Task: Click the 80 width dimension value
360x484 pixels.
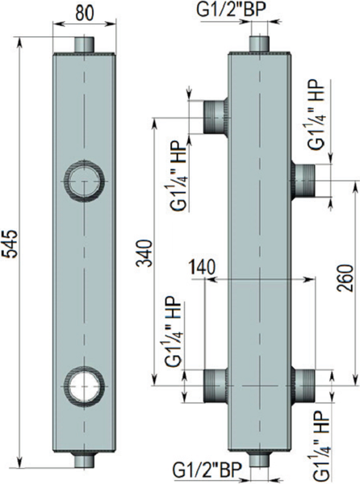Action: tap(84, 13)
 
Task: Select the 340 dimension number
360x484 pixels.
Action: tap(145, 254)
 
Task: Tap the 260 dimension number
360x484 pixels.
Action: tap(344, 277)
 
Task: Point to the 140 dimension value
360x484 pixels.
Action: tap(203, 267)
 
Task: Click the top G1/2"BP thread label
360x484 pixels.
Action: tap(230, 10)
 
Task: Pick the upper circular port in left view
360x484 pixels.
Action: tap(83, 181)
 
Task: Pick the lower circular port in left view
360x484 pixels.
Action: tap(83, 386)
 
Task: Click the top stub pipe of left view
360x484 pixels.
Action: tap(84, 44)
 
